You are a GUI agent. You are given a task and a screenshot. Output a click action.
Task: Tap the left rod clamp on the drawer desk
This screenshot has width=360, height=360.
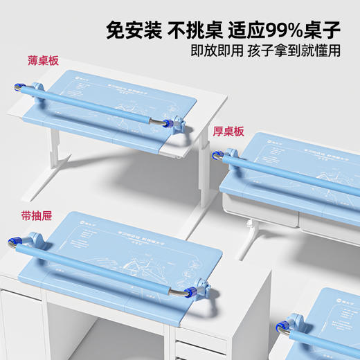click(29, 242)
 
